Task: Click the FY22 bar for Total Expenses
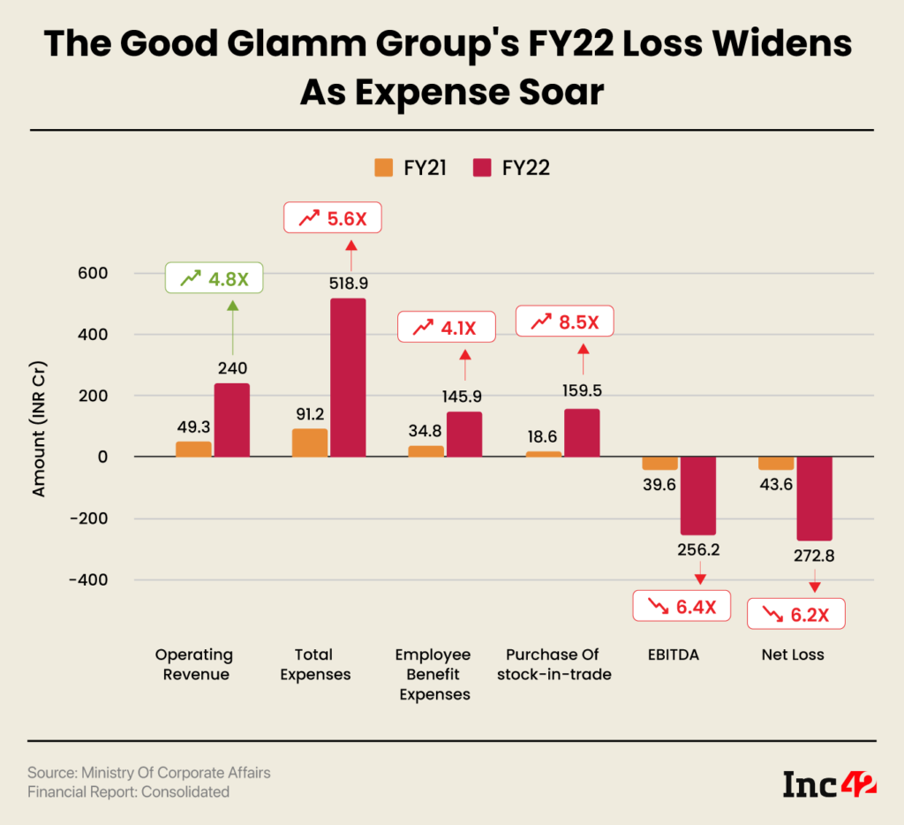(348, 377)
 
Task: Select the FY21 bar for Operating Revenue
(193, 449)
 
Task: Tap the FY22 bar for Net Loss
(814, 498)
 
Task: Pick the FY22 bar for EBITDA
(697, 496)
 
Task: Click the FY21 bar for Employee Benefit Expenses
(426, 451)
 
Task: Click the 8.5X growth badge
(563, 322)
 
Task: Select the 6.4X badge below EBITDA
(682, 606)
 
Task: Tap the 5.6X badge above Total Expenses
(332, 218)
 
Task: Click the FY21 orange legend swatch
(383, 167)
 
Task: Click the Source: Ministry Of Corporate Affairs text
(149, 773)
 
